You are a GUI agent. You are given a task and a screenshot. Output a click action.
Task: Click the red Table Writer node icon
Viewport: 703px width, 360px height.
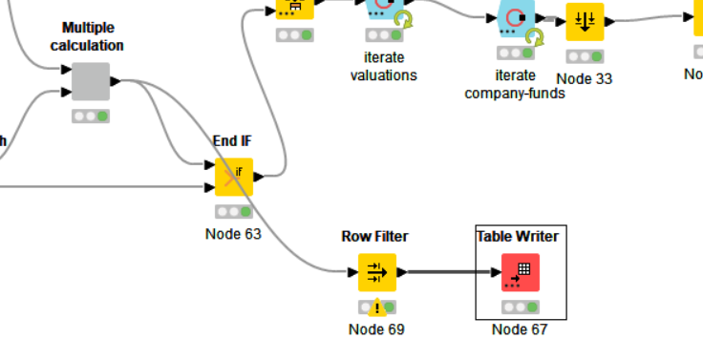point(521,272)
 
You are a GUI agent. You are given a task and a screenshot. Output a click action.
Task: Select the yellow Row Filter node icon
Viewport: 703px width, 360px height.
point(377,272)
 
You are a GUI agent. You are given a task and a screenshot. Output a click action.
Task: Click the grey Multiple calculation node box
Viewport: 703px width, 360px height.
point(91,82)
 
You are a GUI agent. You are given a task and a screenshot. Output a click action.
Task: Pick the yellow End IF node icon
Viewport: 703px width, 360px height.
point(234,177)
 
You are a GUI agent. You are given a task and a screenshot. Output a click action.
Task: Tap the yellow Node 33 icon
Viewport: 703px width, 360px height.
point(585,21)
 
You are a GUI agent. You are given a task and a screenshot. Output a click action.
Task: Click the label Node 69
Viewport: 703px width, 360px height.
point(376,329)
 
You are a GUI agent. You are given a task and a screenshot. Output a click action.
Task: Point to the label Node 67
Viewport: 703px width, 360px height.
point(521,329)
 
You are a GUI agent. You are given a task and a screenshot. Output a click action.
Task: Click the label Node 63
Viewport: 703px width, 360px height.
point(233,233)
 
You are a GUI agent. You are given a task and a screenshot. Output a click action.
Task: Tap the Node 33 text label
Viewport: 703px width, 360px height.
point(584,78)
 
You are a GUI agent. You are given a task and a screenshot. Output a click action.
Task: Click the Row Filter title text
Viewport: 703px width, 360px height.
point(376,236)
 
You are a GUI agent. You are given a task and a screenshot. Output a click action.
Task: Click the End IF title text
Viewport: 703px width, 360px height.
point(233,140)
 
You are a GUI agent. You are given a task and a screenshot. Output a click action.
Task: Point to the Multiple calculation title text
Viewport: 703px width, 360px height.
point(93,36)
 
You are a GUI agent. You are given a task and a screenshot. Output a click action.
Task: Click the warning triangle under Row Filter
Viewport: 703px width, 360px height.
point(377,307)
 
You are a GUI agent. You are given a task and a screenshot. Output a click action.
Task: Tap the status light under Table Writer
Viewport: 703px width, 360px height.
point(521,307)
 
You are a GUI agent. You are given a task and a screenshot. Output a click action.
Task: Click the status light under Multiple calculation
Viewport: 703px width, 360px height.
point(91,116)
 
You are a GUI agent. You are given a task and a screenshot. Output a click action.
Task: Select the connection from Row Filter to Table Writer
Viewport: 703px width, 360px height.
point(449,272)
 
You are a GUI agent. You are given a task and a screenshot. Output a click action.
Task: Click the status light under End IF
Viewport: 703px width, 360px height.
point(234,212)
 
